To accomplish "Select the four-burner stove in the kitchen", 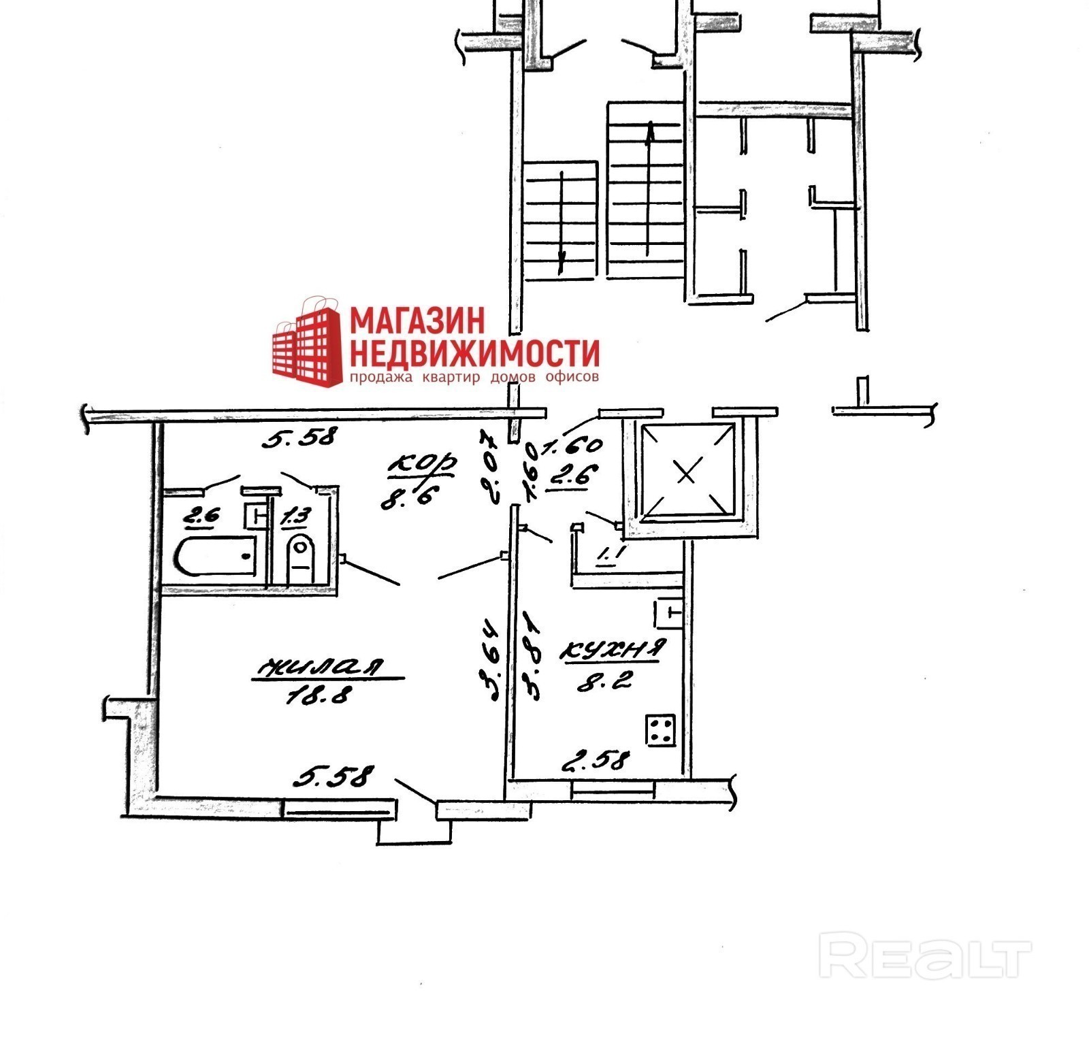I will click(x=660, y=731).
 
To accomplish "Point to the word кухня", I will click(x=611, y=649).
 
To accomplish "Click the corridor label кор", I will click(x=421, y=463).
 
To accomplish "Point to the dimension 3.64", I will click(x=490, y=659).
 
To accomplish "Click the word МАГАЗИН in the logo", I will click(x=418, y=320).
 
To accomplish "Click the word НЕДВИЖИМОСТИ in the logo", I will click(x=474, y=353).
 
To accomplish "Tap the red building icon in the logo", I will click(x=308, y=345).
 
